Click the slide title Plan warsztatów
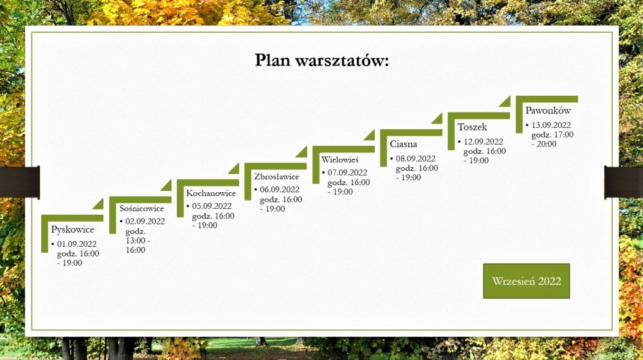pos(321,60)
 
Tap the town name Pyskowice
pos(73,230)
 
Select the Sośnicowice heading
pos(141,208)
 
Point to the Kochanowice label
pos(211,193)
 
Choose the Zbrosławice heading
pos(276,177)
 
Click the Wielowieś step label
pos(340,159)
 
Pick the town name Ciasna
pos(404,144)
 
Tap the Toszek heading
pos(472,127)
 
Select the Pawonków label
pos(548,111)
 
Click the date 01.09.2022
pos(77,244)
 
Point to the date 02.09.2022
pos(145,221)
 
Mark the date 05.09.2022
pos(212,206)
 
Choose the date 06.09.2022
pos(280,190)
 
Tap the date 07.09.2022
pos(347,173)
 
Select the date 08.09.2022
pos(415,159)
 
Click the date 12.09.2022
pos(483,142)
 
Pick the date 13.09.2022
pos(551,125)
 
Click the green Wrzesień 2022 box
pos(527,281)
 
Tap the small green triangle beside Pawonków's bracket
pos(506,102)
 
